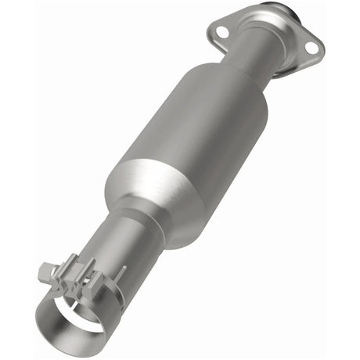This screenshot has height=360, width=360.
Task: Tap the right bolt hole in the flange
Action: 311,49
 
